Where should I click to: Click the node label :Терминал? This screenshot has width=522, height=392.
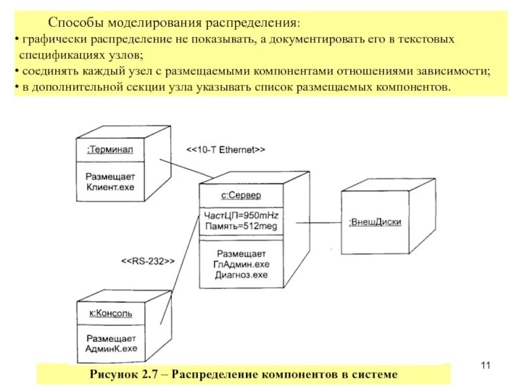110,150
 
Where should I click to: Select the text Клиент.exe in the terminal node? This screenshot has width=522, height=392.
110,186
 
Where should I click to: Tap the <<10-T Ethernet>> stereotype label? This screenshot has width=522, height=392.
226,150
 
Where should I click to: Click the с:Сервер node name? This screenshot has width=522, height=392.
241,195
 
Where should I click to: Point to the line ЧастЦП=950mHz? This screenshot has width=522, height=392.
241,216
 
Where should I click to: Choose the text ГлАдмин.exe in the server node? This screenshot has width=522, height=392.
241,264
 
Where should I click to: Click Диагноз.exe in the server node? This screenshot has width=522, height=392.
241,275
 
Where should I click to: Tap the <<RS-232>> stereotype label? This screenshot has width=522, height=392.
147,261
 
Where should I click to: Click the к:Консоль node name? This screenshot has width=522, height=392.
110,313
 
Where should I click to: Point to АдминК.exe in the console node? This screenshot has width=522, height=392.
111,349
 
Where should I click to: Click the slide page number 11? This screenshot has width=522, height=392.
484,364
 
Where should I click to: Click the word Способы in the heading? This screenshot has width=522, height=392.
73,24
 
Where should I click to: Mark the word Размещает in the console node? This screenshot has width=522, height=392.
111,338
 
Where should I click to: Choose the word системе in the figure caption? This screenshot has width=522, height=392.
371,374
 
